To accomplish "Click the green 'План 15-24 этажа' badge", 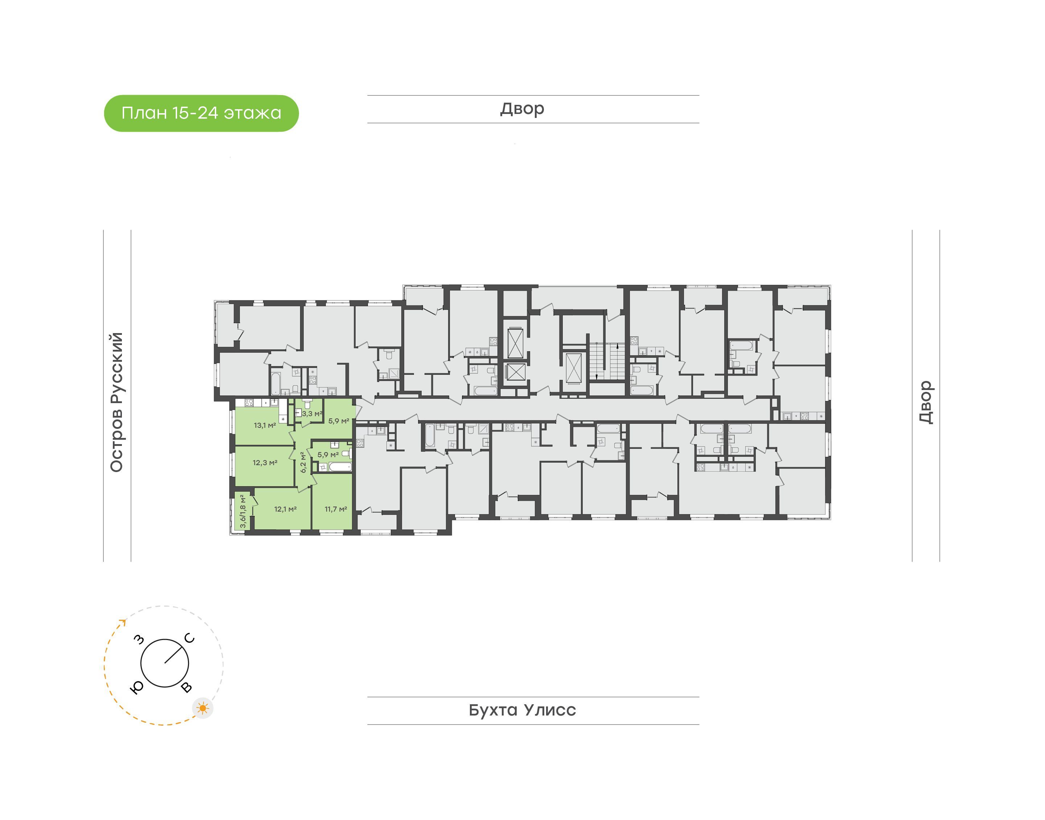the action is coord(201,113).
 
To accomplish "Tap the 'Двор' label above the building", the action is coord(522,109).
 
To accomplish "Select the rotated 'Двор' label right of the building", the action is coord(926,402).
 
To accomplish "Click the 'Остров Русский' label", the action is coord(116,402).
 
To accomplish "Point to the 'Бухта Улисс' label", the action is coord(522,710).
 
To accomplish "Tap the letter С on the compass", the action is coord(190,638).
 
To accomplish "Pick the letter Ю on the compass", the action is coord(137,688).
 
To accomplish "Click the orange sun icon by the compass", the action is coord(203,708).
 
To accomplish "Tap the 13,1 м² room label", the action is coord(265,425).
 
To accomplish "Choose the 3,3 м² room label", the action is coord(312,413).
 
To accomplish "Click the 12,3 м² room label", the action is coord(265,463).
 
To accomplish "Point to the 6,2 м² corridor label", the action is coord(303,462).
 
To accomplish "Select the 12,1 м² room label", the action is coord(285,509).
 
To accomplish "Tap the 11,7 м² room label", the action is coord(336,509).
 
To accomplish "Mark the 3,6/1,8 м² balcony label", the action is coord(243,511).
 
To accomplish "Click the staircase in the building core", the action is coord(607,361).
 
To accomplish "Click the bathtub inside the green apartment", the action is coord(340,467).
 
